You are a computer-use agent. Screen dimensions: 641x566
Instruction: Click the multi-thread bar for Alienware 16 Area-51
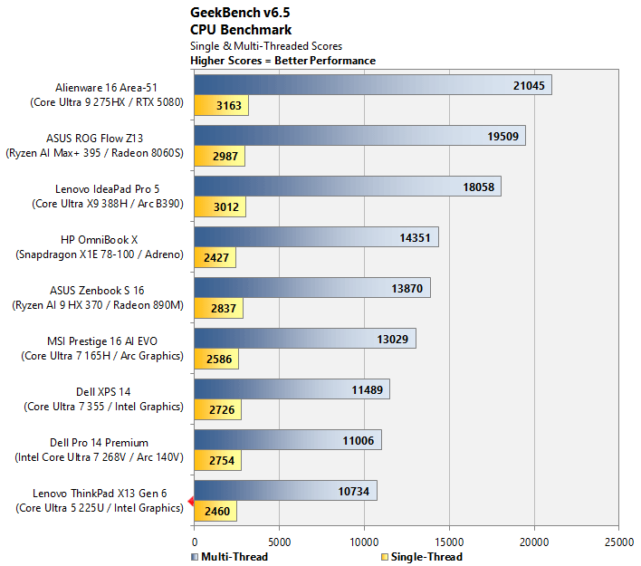point(373,85)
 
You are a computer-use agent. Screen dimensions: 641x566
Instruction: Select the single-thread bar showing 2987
point(219,157)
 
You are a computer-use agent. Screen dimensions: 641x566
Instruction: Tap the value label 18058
point(478,187)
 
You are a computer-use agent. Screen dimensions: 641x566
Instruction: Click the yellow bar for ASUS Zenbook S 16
point(218,308)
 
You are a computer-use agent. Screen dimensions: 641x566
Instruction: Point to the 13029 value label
point(392,339)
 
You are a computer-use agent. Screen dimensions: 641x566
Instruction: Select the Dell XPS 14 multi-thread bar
point(292,389)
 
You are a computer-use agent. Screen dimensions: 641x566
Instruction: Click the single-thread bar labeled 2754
point(217,460)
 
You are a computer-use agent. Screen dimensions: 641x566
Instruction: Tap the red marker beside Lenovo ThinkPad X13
point(190,501)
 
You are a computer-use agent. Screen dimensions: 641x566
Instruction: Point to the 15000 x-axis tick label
point(449,542)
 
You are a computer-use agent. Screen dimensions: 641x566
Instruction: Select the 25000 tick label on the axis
point(619,542)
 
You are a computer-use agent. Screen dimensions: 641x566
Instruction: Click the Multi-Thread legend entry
point(230,557)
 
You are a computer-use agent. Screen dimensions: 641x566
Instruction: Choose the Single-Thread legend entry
point(422,557)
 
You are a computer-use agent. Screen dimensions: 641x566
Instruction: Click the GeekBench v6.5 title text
point(240,13)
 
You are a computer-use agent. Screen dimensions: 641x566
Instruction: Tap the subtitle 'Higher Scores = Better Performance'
point(282,61)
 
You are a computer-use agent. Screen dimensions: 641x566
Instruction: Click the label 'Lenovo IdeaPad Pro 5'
point(108,189)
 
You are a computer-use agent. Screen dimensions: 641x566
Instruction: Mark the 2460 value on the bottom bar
point(217,511)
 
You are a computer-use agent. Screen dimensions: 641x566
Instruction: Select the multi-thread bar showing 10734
point(286,491)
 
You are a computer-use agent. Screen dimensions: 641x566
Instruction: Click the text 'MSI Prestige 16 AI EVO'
point(102,341)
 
